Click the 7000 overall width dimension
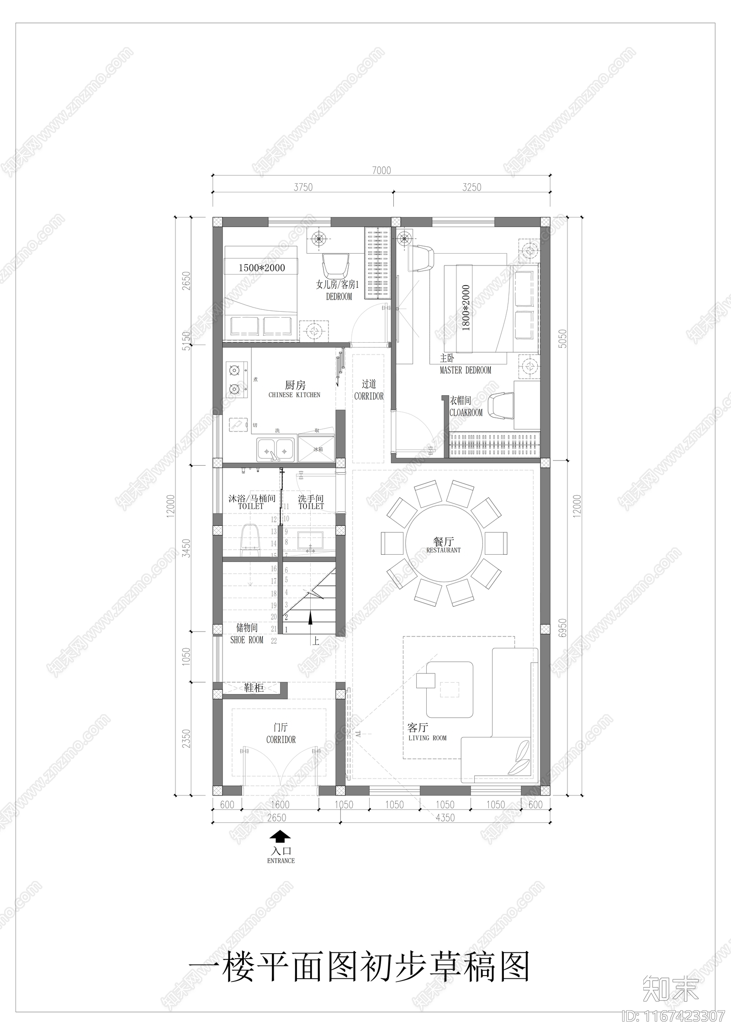381,170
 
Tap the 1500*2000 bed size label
261,268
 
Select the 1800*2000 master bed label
466,308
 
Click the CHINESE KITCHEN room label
295,395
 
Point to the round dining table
444,543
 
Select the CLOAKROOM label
466,413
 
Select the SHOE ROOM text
247,640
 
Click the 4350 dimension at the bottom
445,817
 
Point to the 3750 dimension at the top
303,187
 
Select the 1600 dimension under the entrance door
280,805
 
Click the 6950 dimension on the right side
563,630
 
